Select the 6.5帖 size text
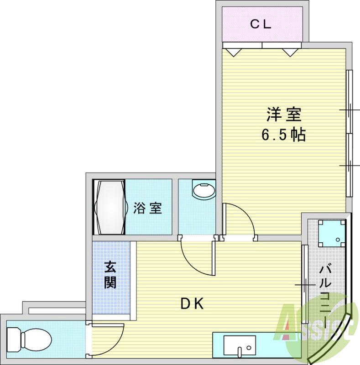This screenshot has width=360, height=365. (x=283, y=135)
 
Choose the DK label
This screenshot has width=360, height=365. (x=192, y=303)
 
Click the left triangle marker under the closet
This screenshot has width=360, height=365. (x=233, y=52)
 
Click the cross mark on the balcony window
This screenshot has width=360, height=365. (x=305, y=285)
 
